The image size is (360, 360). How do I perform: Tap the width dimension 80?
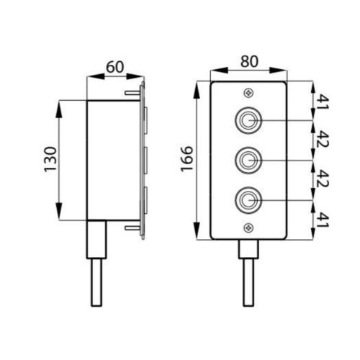point(249,62)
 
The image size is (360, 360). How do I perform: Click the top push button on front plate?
point(249,120)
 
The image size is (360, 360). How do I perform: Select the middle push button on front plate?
point(249,158)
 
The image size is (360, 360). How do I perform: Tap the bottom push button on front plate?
point(249,197)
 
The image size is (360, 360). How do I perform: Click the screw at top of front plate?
point(249,91)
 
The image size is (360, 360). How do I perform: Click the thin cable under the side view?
point(97,282)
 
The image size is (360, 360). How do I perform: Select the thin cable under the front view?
point(249,282)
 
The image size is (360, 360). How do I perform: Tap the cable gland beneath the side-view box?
point(97,239)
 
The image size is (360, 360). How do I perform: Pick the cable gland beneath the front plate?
point(249,248)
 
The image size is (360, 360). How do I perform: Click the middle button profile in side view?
point(145,158)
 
